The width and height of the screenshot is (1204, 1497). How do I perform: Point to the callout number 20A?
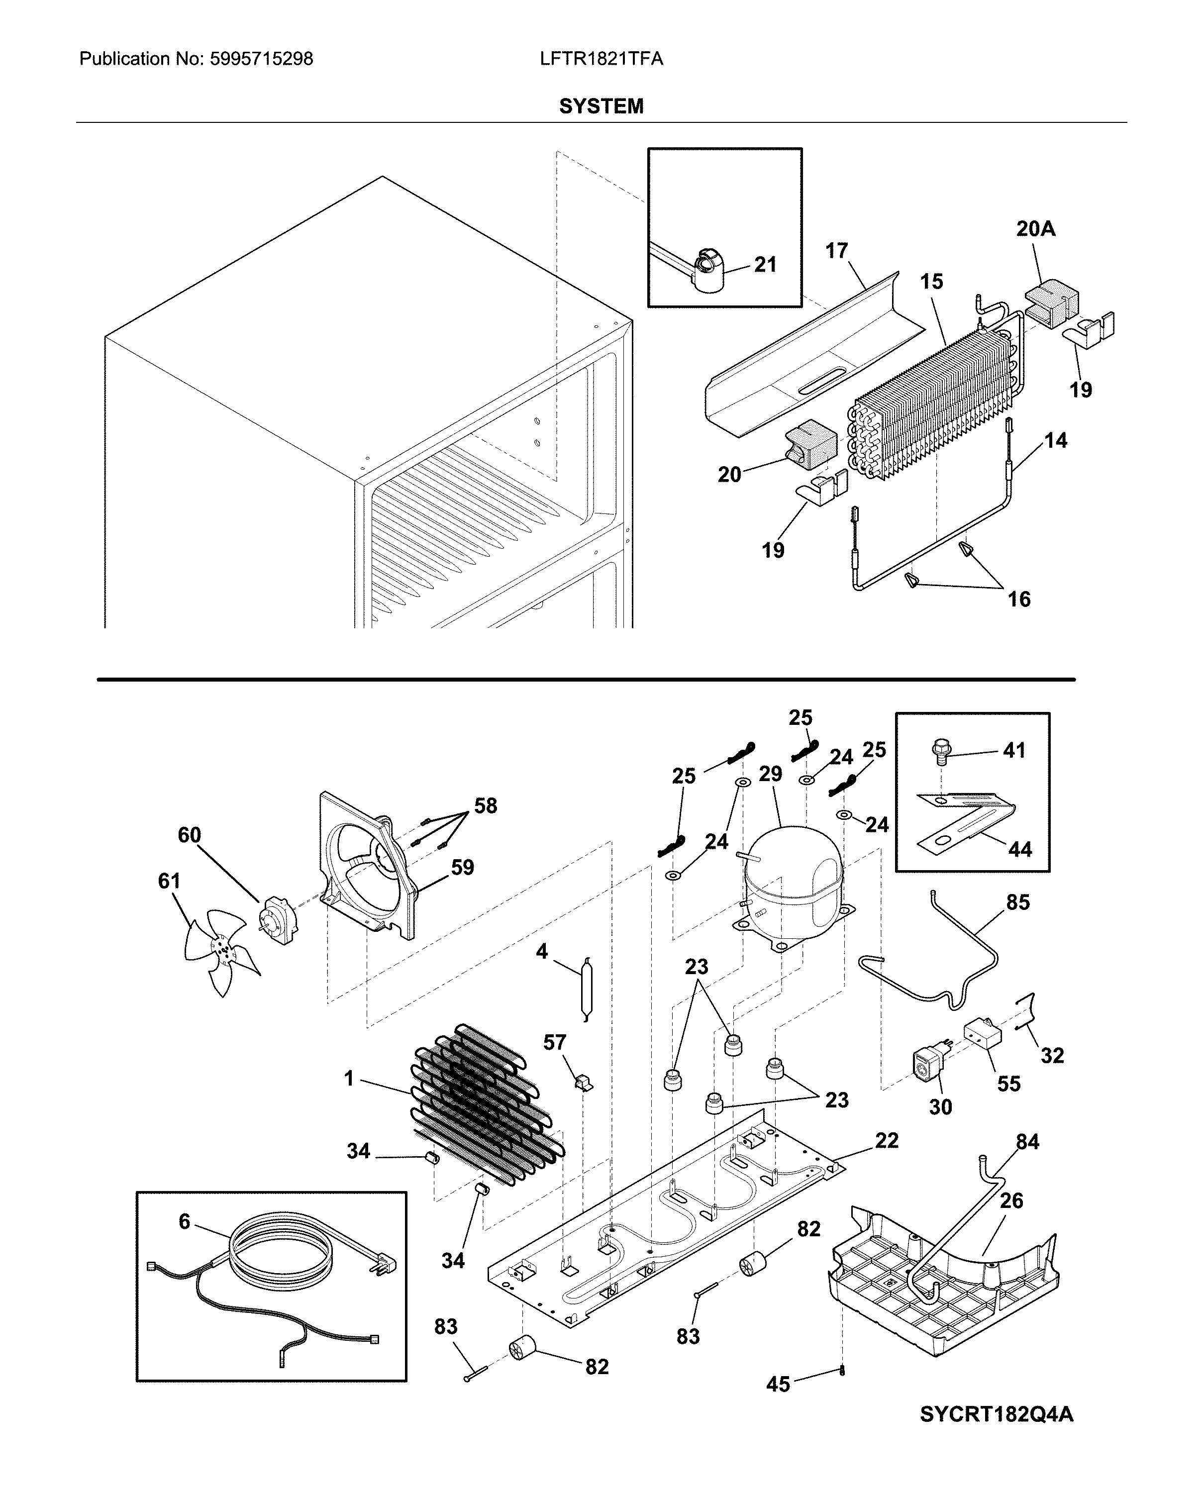click(x=1035, y=229)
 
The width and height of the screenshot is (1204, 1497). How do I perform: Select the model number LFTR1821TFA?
click(x=602, y=59)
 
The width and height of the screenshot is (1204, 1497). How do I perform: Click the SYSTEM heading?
click(x=602, y=106)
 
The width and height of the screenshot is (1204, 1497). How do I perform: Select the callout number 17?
click(x=837, y=251)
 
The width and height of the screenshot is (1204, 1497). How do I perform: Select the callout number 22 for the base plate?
click(x=887, y=1141)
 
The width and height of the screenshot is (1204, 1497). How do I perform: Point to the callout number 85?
click(x=1018, y=902)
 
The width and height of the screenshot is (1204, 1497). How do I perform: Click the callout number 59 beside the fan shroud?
click(x=462, y=867)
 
